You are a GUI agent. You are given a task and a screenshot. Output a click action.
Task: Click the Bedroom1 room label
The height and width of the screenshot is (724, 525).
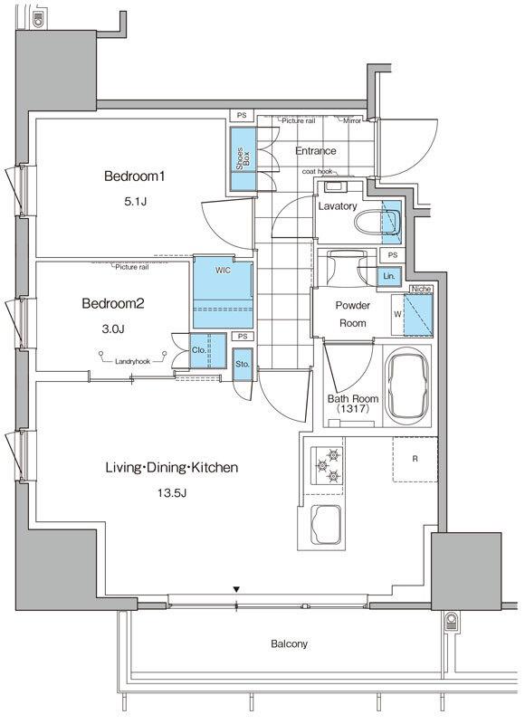(134, 176)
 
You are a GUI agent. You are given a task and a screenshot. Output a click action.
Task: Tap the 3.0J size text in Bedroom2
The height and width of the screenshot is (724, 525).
(113, 329)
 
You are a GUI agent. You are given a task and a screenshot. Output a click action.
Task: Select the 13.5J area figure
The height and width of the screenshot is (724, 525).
(172, 493)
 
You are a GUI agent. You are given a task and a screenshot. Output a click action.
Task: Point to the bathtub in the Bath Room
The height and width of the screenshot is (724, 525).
(407, 385)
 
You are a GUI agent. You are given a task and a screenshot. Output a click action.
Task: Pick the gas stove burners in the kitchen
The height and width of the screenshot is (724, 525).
(327, 465)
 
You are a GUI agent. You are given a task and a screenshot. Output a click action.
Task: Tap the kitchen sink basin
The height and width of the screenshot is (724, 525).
(327, 525)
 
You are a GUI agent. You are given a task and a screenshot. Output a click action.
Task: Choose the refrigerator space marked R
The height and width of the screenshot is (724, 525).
(415, 460)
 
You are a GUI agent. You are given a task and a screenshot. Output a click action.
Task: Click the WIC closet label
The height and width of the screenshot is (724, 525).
(223, 270)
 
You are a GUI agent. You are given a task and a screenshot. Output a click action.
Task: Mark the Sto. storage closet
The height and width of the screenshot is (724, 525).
(243, 364)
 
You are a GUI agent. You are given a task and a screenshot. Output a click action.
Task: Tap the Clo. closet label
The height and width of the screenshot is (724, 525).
(199, 350)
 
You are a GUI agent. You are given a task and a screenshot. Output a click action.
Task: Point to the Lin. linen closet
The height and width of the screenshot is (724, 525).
(389, 276)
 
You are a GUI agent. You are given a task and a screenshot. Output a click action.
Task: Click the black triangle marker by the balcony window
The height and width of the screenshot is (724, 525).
(236, 589)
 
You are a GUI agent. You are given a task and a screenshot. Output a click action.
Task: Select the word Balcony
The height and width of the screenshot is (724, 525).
(289, 643)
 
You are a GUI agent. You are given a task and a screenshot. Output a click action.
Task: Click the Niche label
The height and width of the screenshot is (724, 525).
(421, 289)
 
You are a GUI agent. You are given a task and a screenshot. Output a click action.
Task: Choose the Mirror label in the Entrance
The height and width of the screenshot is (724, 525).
(352, 121)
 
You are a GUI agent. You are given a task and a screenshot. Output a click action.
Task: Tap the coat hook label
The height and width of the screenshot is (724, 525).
(317, 171)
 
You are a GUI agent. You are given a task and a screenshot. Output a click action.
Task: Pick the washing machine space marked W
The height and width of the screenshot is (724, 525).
(397, 314)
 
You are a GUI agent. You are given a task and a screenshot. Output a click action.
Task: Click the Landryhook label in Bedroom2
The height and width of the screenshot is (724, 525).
(132, 361)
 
